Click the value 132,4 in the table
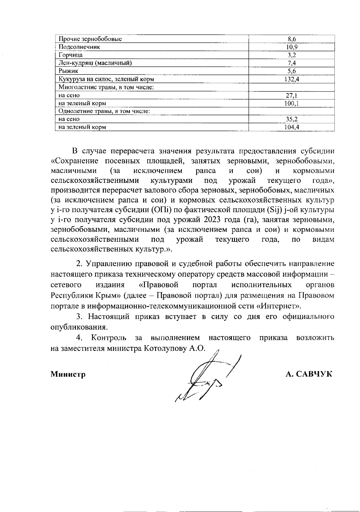click(292, 79)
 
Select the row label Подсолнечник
click(79, 47)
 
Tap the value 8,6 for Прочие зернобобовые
click(292, 39)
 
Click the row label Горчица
click(70, 55)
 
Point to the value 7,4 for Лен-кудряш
click(292, 63)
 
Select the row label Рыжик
click(68, 71)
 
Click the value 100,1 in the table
click(292, 103)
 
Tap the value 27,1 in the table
click(292, 95)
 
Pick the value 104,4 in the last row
click(292, 127)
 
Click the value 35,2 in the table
click(292, 119)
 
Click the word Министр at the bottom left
click(68, 374)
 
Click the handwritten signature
click(207, 378)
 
